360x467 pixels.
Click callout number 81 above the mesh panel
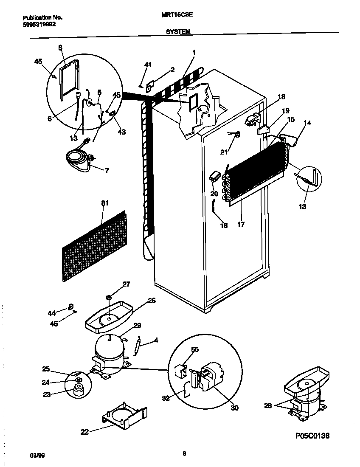(105, 203)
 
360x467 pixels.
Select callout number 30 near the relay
(234, 408)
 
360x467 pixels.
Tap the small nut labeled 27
(109, 297)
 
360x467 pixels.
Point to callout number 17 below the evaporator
(241, 225)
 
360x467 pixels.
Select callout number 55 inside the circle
(194, 349)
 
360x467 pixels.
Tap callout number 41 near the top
(148, 65)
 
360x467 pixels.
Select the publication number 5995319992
(39, 24)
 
